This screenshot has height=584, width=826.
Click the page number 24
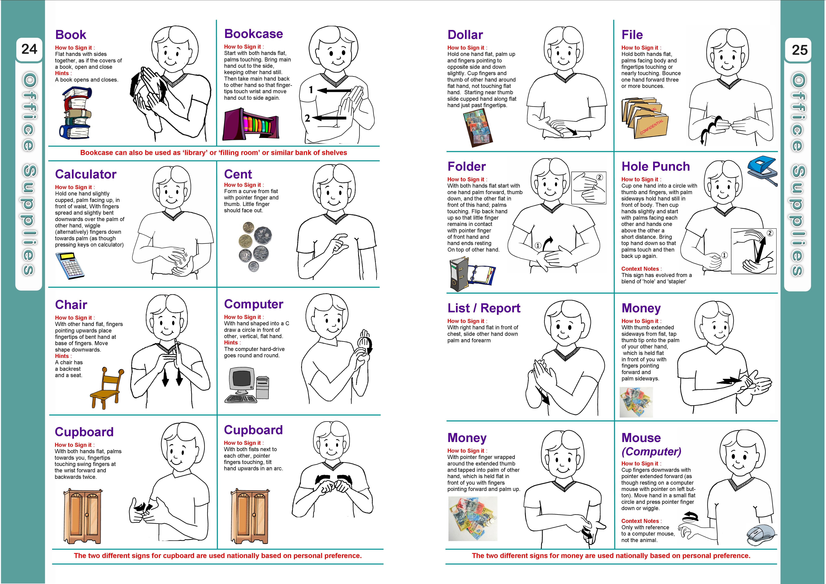[x=29, y=49]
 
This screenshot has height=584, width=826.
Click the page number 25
[x=799, y=50]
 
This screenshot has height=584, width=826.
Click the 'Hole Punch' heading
[x=655, y=166]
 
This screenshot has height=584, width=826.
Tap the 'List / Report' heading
[x=483, y=308]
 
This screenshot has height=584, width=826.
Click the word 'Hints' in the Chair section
[x=62, y=356]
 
